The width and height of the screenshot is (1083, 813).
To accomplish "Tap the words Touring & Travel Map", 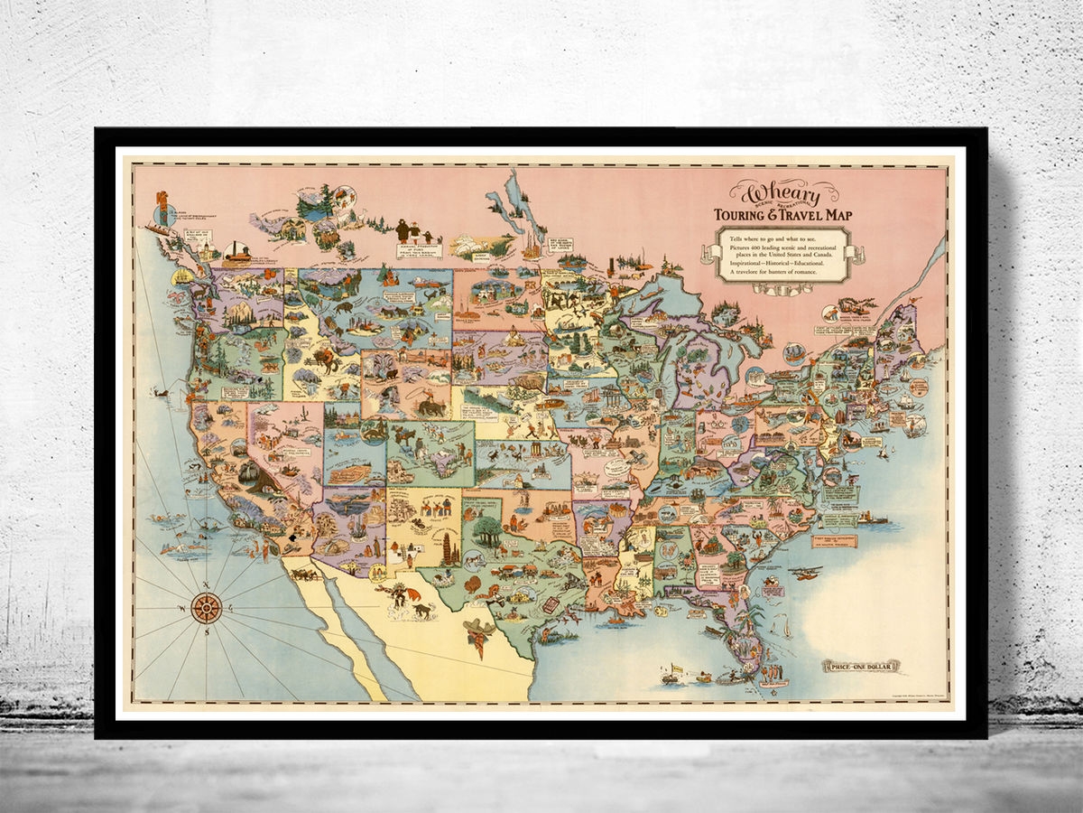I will [782, 215].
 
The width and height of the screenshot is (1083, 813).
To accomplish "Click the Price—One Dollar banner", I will [859, 667].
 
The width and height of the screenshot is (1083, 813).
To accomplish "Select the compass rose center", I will [207, 608].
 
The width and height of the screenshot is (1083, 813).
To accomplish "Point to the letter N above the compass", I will [207, 582].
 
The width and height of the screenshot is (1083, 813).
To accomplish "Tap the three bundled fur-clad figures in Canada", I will [411, 230].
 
